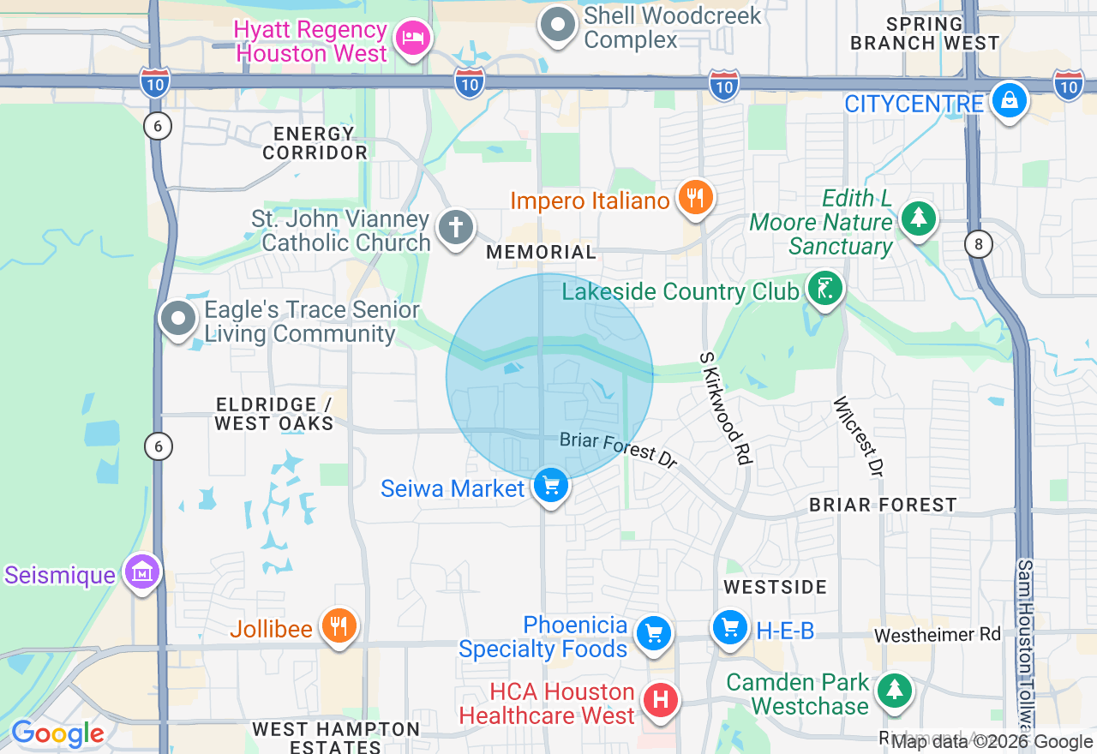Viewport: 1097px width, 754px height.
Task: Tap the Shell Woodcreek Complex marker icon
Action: click(x=559, y=25)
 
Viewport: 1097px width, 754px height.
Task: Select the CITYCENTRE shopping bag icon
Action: click(x=1010, y=102)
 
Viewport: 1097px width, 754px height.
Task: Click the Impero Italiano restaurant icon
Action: click(x=695, y=199)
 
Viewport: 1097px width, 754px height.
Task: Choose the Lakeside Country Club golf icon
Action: click(x=824, y=290)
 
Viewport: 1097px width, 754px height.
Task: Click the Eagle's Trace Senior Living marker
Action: click(x=179, y=320)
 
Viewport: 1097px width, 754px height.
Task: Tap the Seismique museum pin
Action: click(x=143, y=571)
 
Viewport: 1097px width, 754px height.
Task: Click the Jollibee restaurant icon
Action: click(x=339, y=627)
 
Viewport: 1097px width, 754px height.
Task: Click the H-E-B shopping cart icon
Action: click(x=730, y=630)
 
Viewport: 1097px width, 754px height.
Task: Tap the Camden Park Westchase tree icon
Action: click(x=895, y=690)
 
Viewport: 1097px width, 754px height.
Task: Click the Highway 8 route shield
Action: click(x=978, y=245)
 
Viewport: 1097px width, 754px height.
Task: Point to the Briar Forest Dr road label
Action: click(x=619, y=450)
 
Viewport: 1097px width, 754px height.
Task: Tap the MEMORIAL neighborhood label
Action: click(x=541, y=252)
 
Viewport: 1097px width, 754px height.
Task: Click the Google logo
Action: click(x=57, y=733)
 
